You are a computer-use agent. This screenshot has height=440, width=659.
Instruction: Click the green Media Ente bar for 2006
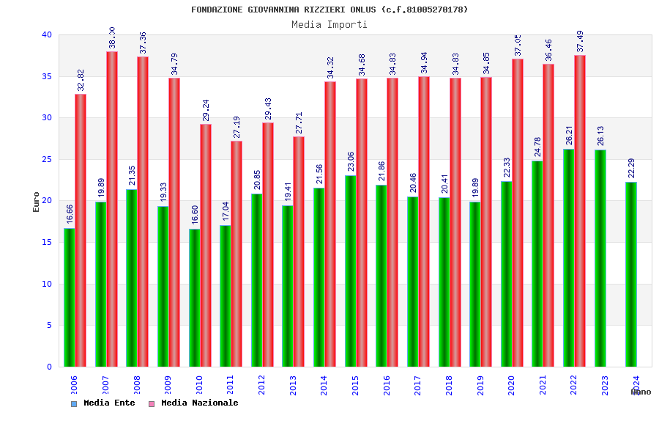tap(69, 297)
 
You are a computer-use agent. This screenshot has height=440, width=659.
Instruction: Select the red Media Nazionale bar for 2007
tap(112, 209)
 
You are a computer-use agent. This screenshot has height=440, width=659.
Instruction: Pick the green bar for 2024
tap(631, 274)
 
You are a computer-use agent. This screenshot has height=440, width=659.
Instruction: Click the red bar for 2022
tap(580, 211)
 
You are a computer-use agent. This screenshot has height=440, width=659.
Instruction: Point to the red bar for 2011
tap(237, 254)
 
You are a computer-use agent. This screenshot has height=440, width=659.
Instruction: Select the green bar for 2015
tap(350, 271)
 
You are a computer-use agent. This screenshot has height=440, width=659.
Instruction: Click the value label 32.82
tap(81, 80)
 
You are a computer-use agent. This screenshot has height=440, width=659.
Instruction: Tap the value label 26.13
tap(601, 136)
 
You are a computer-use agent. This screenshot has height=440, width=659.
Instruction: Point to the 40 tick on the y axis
tap(47, 34)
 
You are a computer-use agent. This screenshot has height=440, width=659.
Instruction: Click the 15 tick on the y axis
tap(47, 242)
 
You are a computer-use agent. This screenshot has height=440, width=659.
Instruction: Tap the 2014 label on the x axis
tap(324, 386)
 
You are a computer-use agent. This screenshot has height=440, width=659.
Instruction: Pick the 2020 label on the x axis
tap(512, 386)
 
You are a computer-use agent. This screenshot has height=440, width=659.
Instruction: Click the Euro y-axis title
tap(37, 202)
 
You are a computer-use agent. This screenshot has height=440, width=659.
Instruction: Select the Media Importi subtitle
tap(329, 24)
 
